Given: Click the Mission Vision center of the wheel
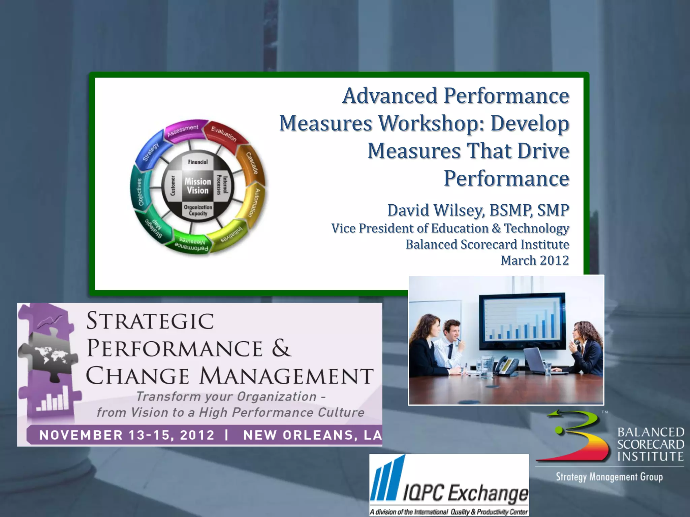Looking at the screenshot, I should coord(198,186).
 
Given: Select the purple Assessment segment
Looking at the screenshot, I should coord(183,131).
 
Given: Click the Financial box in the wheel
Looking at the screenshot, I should coord(198,162).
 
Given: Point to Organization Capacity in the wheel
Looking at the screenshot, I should coord(198,210).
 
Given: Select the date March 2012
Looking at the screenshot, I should coord(534,260).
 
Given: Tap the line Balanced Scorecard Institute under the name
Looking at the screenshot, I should coord(487,244).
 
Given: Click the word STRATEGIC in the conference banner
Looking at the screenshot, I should coord(150,321).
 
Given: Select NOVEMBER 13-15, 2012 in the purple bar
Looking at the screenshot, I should coord(127,435).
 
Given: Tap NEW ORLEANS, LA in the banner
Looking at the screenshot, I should coord(312,435).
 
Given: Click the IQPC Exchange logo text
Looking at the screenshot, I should coord(466,493).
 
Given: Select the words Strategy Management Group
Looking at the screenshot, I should coord(609,477).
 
